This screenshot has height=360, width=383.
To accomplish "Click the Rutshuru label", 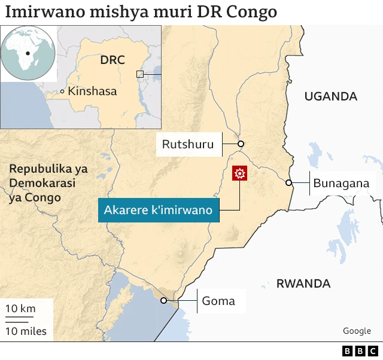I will (188, 144).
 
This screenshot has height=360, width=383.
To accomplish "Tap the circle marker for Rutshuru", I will (241, 144).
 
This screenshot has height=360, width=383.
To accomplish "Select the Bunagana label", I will (341, 183).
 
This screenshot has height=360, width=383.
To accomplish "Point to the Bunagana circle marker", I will (288, 183).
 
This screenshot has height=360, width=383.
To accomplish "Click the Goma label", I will (218, 301).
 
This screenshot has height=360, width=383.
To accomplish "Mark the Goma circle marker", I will (163, 301).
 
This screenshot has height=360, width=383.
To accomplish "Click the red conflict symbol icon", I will (240, 174).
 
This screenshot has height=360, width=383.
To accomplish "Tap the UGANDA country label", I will (330, 96).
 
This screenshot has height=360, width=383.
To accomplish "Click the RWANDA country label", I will (303, 283).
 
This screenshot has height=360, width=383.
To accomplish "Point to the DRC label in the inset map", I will (112, 60).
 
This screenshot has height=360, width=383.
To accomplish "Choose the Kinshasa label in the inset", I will (92, 91).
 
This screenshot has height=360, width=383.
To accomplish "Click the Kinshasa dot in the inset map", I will (62, 91).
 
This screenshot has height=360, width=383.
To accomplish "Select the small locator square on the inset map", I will (140, 74).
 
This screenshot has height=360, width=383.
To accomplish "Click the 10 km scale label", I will (21, 309).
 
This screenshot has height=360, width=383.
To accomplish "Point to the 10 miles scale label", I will (26, 331).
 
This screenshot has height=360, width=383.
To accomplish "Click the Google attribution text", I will (357, 331).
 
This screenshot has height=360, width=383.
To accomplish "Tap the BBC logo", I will (360, 351).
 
